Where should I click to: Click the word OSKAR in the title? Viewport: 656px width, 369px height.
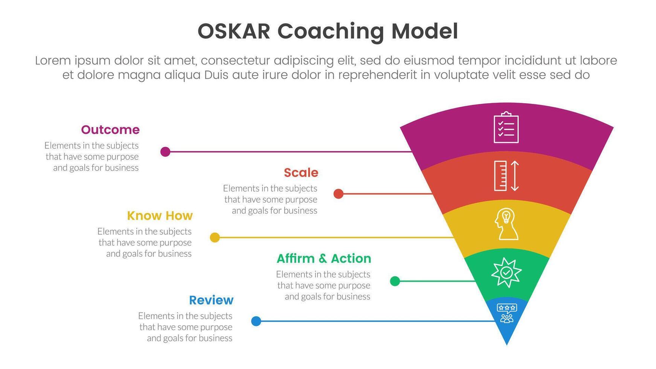234,31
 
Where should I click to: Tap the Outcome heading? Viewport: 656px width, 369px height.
110,130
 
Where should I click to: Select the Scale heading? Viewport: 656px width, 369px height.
301,173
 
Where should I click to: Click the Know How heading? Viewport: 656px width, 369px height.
160,216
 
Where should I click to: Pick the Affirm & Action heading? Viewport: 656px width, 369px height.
323,259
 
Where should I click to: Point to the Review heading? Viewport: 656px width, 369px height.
211,300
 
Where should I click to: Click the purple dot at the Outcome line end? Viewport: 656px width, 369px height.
165,152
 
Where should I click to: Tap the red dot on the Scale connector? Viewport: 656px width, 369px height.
339,194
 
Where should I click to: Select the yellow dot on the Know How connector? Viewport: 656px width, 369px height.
215,238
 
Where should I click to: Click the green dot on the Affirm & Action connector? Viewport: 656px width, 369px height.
395,281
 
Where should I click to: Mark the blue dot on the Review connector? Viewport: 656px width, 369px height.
256,321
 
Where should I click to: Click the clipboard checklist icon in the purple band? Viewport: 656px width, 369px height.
506,128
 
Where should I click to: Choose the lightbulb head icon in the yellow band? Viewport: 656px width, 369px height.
506,224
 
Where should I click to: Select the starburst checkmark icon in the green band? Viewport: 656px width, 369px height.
506,272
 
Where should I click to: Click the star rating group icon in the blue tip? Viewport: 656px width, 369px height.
507,313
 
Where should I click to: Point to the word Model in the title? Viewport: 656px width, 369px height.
424,31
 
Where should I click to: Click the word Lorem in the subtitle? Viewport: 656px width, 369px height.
53,61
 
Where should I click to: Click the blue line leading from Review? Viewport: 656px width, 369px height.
377,321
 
